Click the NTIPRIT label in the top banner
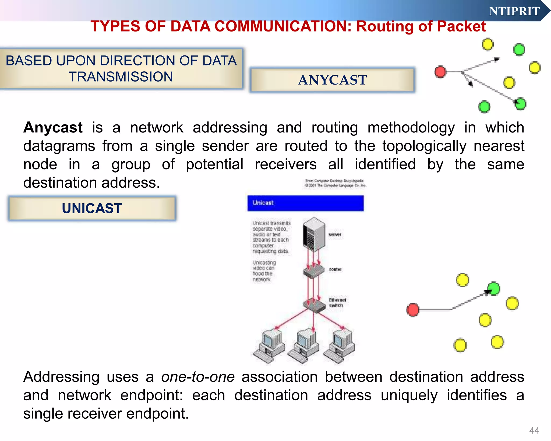click(x=514, y=11)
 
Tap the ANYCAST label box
click(x=332, y=80)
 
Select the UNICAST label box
click(x=92, y=208)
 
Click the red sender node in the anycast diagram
click(x=440, y=72)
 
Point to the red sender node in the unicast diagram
click(x=413, y=310)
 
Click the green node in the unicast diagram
click(x=494, y=289)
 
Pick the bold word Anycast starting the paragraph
click(x=53, y=127)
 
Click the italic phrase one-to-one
click(x=198, y=377)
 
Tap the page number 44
click(x=534, y=430)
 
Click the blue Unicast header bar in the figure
click(x=305, y=203)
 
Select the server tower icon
click(x=314, y=234)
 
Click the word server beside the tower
click(x=335, y=234)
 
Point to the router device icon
click(x=314, y=271)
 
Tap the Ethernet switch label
click(x=337, y=303)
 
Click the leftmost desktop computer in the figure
click(x=270, y=347)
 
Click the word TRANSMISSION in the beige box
click(x=121, y=77)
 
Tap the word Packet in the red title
click(x=461, y=26)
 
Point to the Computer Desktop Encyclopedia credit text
click(x=335, y=183)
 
